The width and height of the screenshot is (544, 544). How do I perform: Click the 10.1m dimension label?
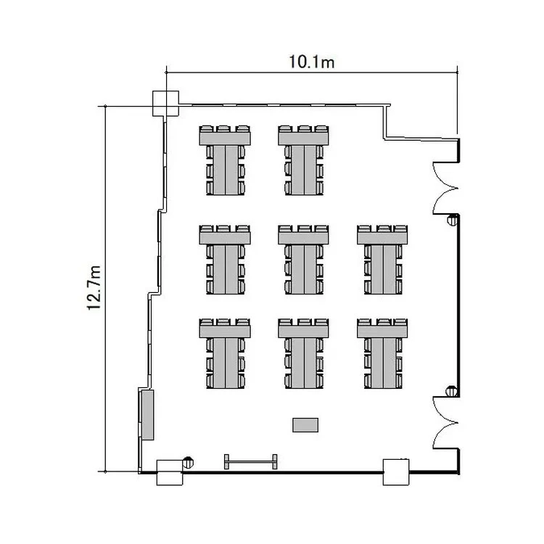[312, 62]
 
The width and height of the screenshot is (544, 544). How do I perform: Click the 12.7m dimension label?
[94, 288]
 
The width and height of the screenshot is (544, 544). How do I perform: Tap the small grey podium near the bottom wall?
[305, 425]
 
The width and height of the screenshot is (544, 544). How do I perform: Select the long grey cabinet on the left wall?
[148, 415]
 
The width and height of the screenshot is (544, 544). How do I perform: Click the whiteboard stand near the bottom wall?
[250, 462]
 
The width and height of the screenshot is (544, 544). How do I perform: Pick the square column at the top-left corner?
[166, 104]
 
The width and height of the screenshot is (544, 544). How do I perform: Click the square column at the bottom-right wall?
[396, 472]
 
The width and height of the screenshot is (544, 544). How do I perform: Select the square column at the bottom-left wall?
[170, 472]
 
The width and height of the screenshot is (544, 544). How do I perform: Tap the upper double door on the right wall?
[446, 188]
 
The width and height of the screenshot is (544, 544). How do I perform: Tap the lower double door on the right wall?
[446, 423]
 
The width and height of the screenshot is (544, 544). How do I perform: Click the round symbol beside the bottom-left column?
[188, 462]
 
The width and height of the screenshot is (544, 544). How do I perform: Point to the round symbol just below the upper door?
[453, 220]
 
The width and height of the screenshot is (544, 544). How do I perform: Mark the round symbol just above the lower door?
[451, 391]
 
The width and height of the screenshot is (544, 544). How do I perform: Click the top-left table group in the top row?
[225, 160]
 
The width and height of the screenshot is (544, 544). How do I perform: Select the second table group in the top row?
[304, 160]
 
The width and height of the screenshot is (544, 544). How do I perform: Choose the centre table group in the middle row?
[304, 260]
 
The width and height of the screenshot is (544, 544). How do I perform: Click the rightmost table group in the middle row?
[382, 260]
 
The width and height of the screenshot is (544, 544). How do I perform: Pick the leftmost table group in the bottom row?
[225, 353]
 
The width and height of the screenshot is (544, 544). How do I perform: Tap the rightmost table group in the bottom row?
[382, 353]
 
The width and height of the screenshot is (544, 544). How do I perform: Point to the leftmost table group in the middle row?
[225, 260]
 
